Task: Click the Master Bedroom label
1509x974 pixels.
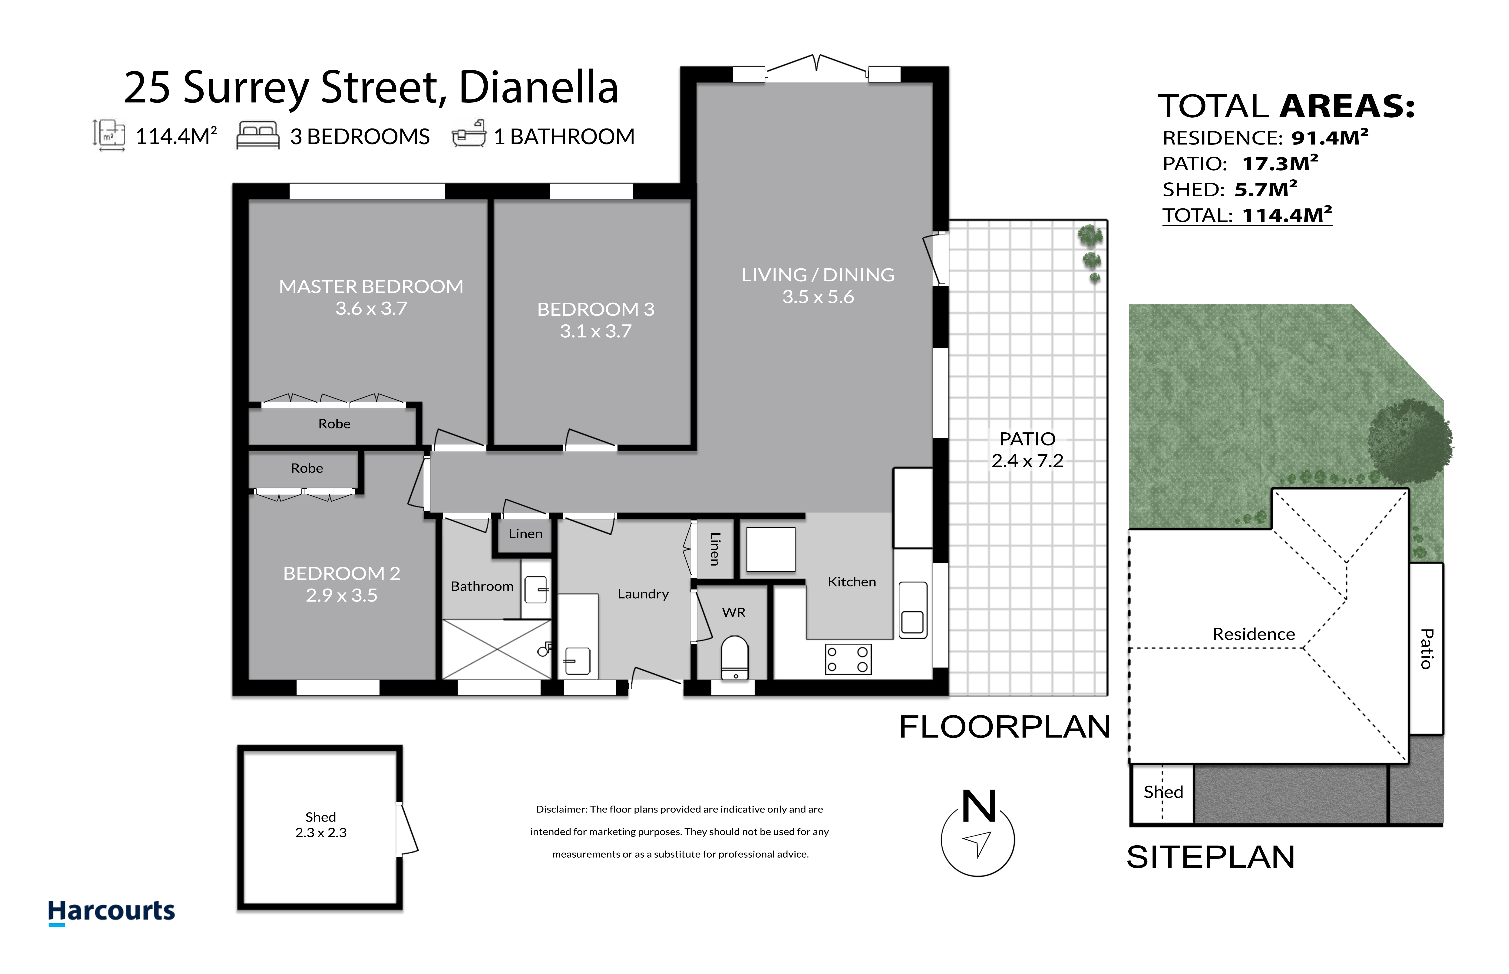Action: [371, 286]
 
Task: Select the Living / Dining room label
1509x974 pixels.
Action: [818, 275]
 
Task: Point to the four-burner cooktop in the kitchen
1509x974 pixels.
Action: [848, 659]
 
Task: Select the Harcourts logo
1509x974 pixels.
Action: [111, 912]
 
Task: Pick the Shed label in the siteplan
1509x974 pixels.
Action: [1163, 792]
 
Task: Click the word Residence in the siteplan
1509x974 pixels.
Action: [1254, 634]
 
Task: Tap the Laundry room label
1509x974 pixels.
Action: [643, 594]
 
